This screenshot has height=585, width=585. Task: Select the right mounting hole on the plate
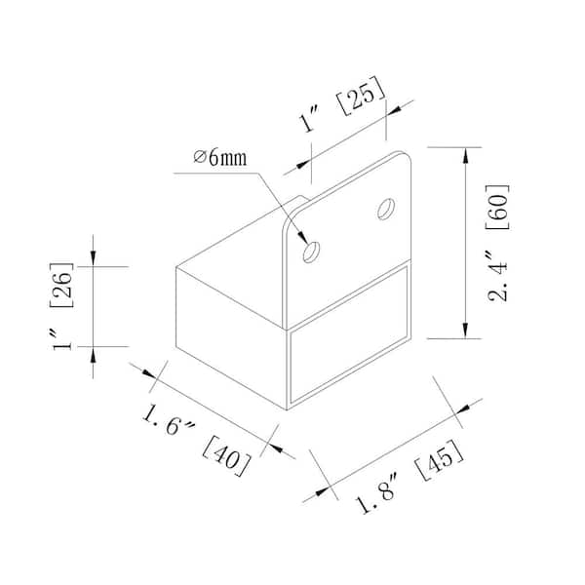[386, 208]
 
